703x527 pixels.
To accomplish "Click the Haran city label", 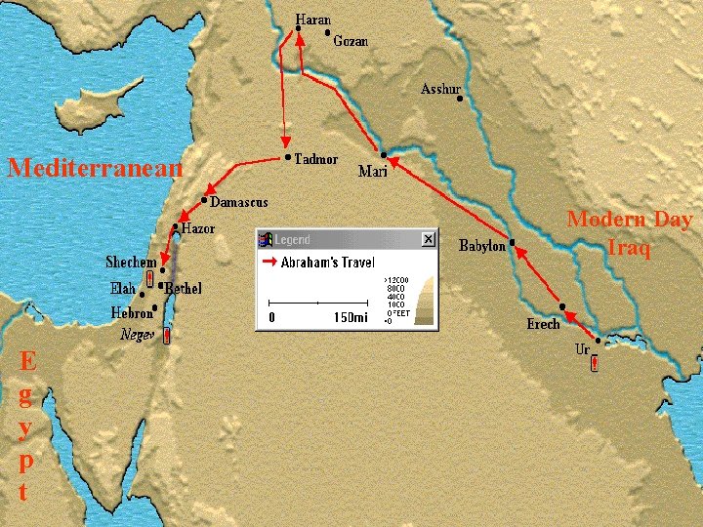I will [x=313, y=20].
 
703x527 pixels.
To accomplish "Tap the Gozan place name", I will [x=351, y=41].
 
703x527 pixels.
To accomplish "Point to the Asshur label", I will [x=439, y=90].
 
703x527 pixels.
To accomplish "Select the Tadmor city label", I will [x=316, y=159].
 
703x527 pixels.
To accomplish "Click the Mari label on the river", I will [x=373, y=172].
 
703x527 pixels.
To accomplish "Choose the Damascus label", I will [x=239, y=201].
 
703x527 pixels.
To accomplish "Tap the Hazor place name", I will [x=198, y=228].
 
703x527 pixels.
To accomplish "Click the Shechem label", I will [x=131, y=263].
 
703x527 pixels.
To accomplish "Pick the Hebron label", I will [x=132, y=313].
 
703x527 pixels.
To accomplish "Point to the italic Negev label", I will [x=138, y=333].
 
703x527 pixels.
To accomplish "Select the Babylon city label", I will [x=482, y=246].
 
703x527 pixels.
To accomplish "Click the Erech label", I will [x=544, y=324].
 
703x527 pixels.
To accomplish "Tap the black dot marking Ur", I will [x=598, y=342].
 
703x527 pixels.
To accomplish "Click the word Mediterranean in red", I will [x=95, y=168].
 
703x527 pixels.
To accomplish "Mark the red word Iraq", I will [x=630, y=248].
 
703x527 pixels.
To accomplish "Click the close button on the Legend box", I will [x=428, y=239].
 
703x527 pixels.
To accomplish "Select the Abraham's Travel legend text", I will [x=327, y=263].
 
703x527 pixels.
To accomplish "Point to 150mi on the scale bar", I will [x=351, y=317].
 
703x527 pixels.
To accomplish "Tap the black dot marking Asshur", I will [x=459, y=99].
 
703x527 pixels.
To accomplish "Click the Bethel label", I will [x=184, y=289].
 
